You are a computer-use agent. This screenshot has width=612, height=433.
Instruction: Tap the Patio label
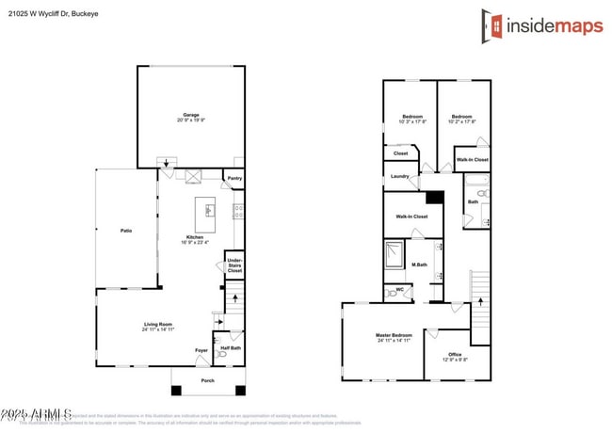124,230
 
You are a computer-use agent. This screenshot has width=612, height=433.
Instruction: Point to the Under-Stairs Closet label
234,265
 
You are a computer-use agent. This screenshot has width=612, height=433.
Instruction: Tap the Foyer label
201,351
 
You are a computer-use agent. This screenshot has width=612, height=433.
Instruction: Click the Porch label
208,380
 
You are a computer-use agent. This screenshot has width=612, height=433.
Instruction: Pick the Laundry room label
397,175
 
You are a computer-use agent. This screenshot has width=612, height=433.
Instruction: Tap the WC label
399,290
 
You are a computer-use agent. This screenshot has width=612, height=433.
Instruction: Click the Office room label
454,356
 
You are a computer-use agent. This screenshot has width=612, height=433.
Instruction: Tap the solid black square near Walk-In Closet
434,198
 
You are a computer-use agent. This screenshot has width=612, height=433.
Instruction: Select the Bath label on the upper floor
473,200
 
